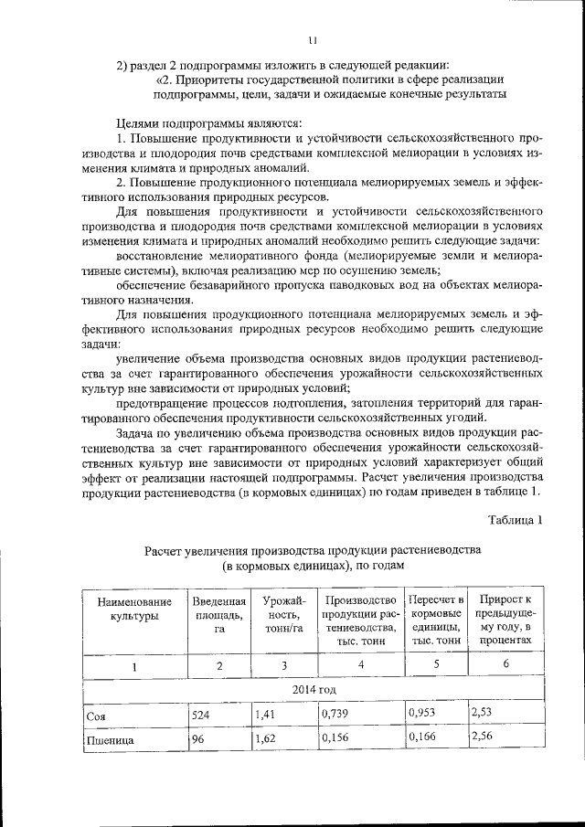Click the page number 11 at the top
pyautogui.click(x=312, y=40)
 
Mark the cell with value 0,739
pyautogui.click(x=338, y=715)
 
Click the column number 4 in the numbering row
pyautogui.click(x=360, y=664)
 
